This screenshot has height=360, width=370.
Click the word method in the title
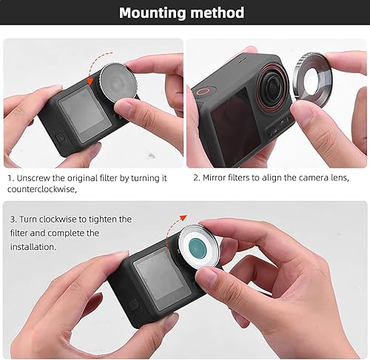pyautogui.click(x=218, y=13)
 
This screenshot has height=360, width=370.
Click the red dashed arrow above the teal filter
pyautogui.click(x=175, y=221)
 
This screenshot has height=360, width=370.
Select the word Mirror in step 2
pyautogui.click(x=218, y=178)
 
